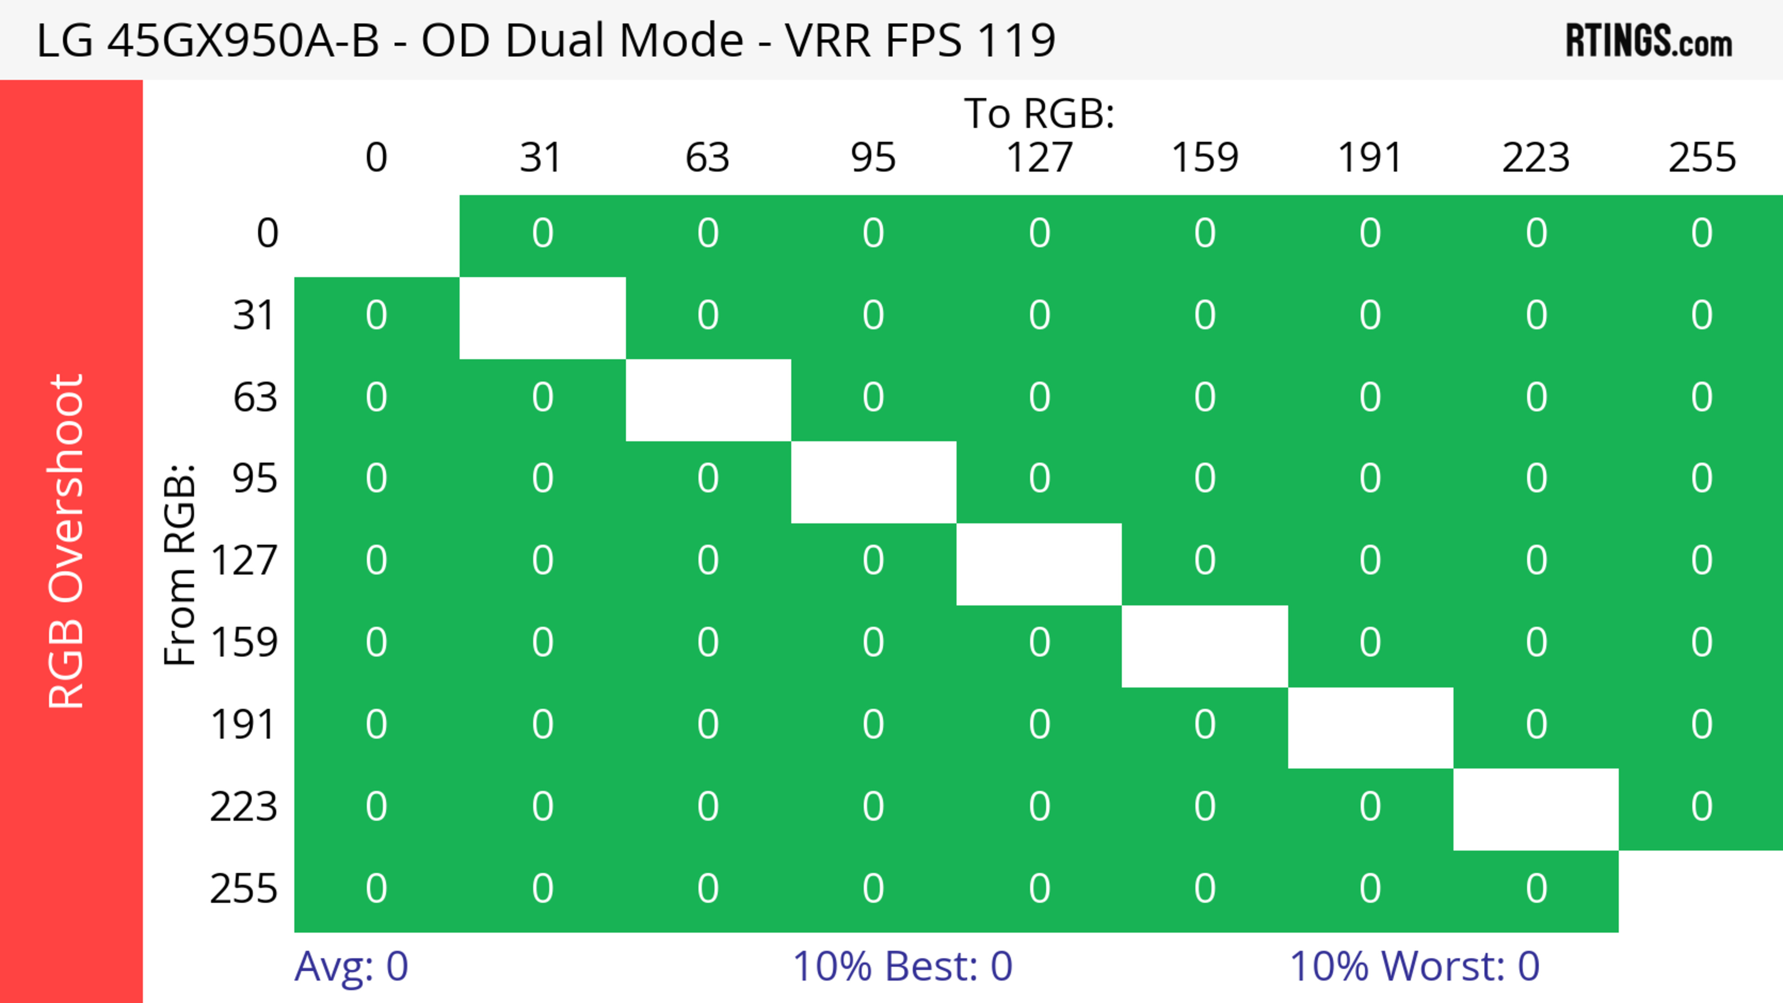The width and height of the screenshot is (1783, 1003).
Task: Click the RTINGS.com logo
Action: coord(1649,41)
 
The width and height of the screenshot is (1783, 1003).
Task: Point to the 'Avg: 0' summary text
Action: coord(351,966)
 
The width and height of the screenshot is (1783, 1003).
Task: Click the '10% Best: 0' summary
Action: coord(902,966)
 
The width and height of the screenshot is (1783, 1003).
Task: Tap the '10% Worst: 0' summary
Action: coord(1414,966)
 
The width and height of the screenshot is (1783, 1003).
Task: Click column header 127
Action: coord(1039,158)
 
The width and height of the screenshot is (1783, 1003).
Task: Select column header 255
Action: coord(1701,158)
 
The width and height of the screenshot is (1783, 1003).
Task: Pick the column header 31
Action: coord(541,158)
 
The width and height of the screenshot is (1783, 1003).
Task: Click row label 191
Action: coord(242,724)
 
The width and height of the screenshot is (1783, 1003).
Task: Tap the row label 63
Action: coord(255,397)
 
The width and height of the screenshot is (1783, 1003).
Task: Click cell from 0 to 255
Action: coord(1701,233)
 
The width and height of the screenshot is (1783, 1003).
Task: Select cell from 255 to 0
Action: coord(376,888)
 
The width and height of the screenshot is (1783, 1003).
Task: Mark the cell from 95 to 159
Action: coord(1204,479)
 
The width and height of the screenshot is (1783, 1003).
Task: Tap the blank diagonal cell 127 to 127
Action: coord(1039,564)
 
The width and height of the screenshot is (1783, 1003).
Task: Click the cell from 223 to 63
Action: coord(707,807)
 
